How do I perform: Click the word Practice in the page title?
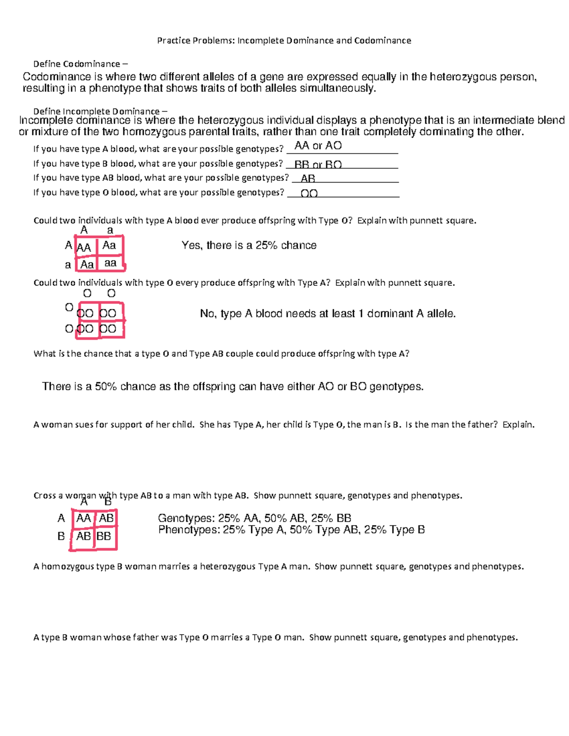point(173,41)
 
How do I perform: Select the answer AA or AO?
point(318,146)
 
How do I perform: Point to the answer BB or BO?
point(318,165)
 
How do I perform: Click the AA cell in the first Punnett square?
point(84,247)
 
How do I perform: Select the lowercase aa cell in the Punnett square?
point(110,263)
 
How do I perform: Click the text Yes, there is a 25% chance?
point(249,245)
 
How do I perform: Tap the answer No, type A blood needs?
point(327,314)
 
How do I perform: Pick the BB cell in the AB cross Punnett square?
point(104,536)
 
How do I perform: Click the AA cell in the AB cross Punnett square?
point(83,518)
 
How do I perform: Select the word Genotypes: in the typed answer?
point(186,518)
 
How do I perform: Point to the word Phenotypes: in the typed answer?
point(189,530)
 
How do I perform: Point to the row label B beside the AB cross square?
point(61,536)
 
